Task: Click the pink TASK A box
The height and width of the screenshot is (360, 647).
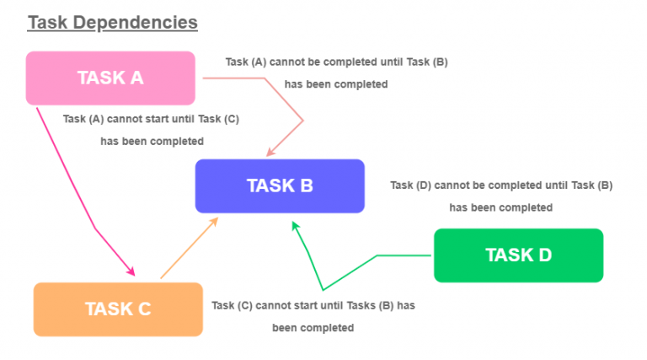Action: point(110,78)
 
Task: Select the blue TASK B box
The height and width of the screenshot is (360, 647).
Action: point(280,185)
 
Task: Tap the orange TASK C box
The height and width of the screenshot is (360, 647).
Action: point(118,309)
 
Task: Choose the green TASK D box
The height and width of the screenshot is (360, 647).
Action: point(519,255)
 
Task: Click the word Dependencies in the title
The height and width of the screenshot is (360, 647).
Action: point(136,22)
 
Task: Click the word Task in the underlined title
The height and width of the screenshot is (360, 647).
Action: point(47,22)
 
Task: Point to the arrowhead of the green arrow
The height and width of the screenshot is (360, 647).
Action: point(296,226)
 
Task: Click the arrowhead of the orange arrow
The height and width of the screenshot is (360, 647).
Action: point(214,222)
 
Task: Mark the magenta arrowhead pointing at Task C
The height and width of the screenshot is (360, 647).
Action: point(131,271)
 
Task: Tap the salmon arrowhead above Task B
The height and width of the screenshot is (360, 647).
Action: point(270,153)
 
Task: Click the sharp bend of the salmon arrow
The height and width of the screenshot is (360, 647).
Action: point(303,121)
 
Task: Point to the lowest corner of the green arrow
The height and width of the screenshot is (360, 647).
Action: point(323,290)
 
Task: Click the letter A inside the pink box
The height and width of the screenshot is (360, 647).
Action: point(137,78)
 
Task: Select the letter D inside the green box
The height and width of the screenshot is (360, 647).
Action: point(545,255)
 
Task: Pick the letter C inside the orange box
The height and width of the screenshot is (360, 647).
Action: point(144,309)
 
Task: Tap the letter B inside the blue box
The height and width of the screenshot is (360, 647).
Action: point(307,185)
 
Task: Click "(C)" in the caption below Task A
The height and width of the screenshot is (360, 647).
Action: point(232,119)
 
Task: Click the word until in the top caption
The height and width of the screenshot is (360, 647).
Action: point(392,62)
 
